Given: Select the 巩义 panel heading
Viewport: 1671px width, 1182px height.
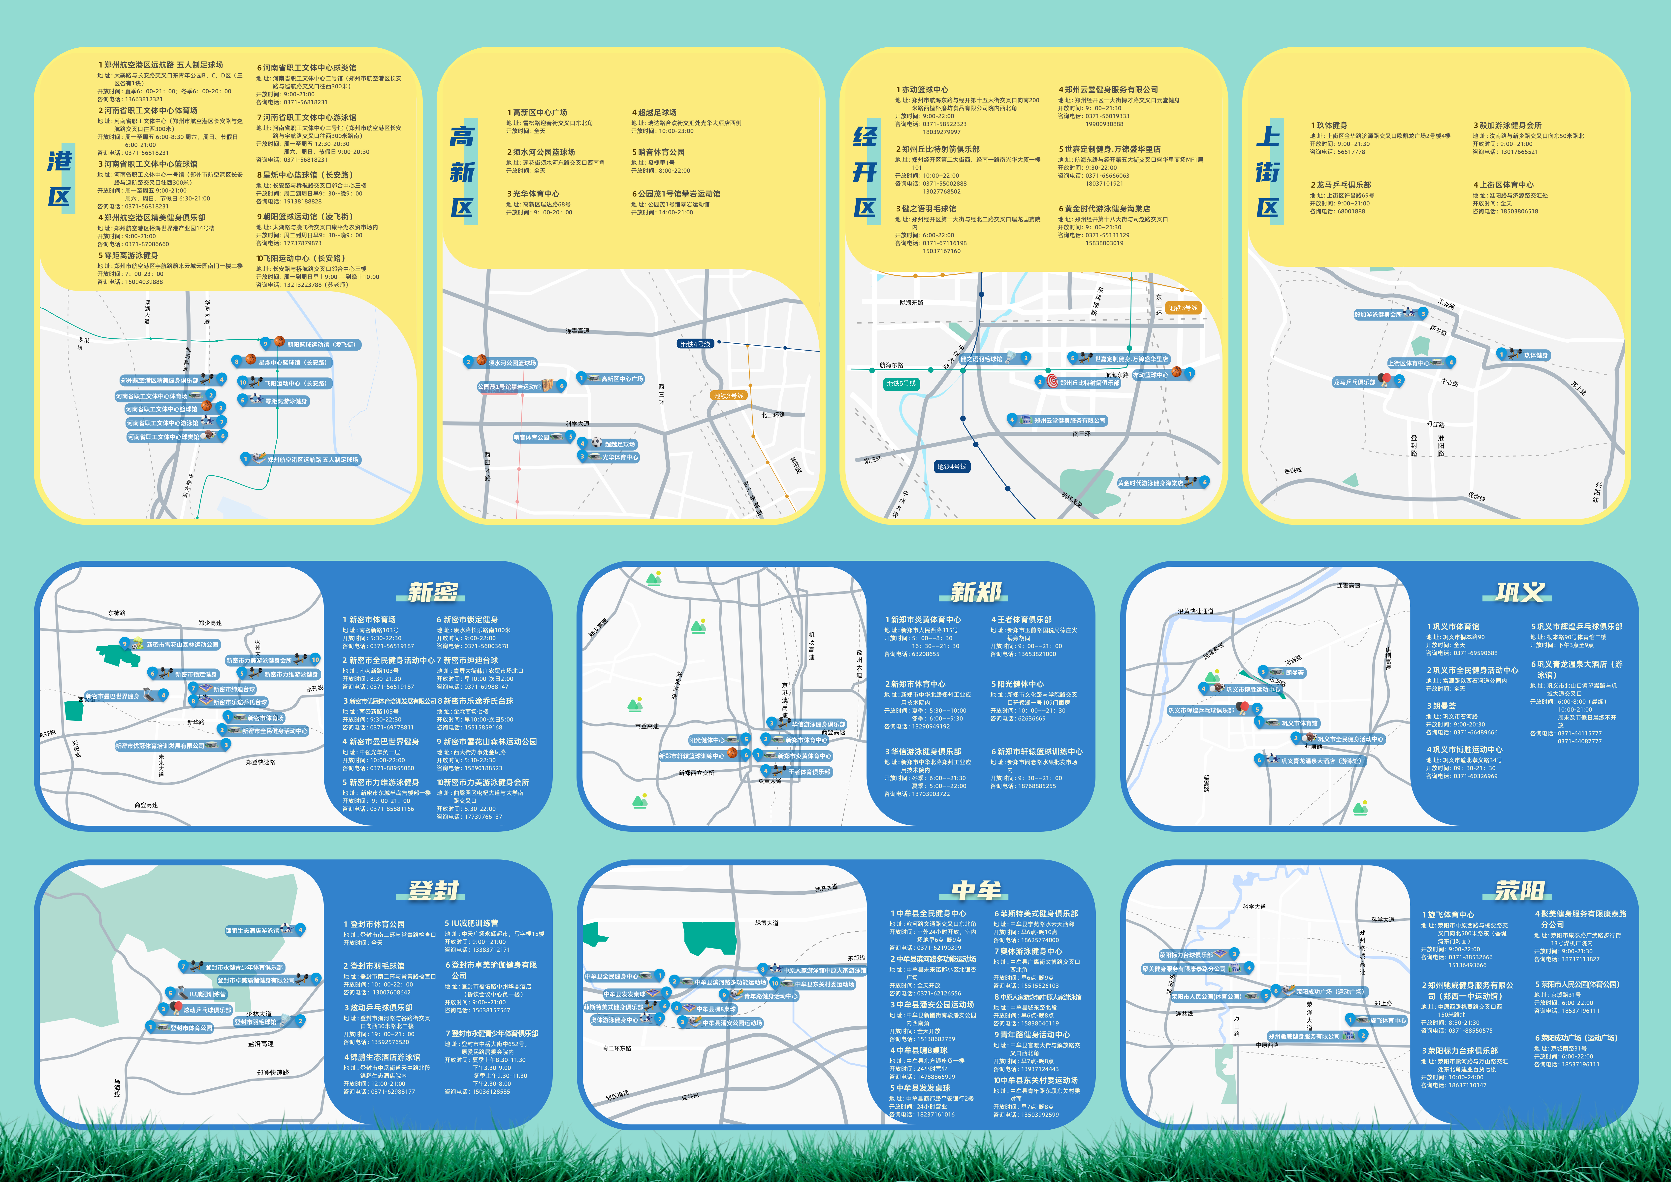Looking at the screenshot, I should tap(1520, 592).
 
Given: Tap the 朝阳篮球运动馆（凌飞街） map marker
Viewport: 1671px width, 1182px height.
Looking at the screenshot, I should tap(313, 344).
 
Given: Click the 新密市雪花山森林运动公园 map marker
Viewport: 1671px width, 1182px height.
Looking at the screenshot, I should tap(175, 644).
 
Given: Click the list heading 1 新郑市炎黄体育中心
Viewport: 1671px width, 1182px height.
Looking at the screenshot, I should tap(923, 619).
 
